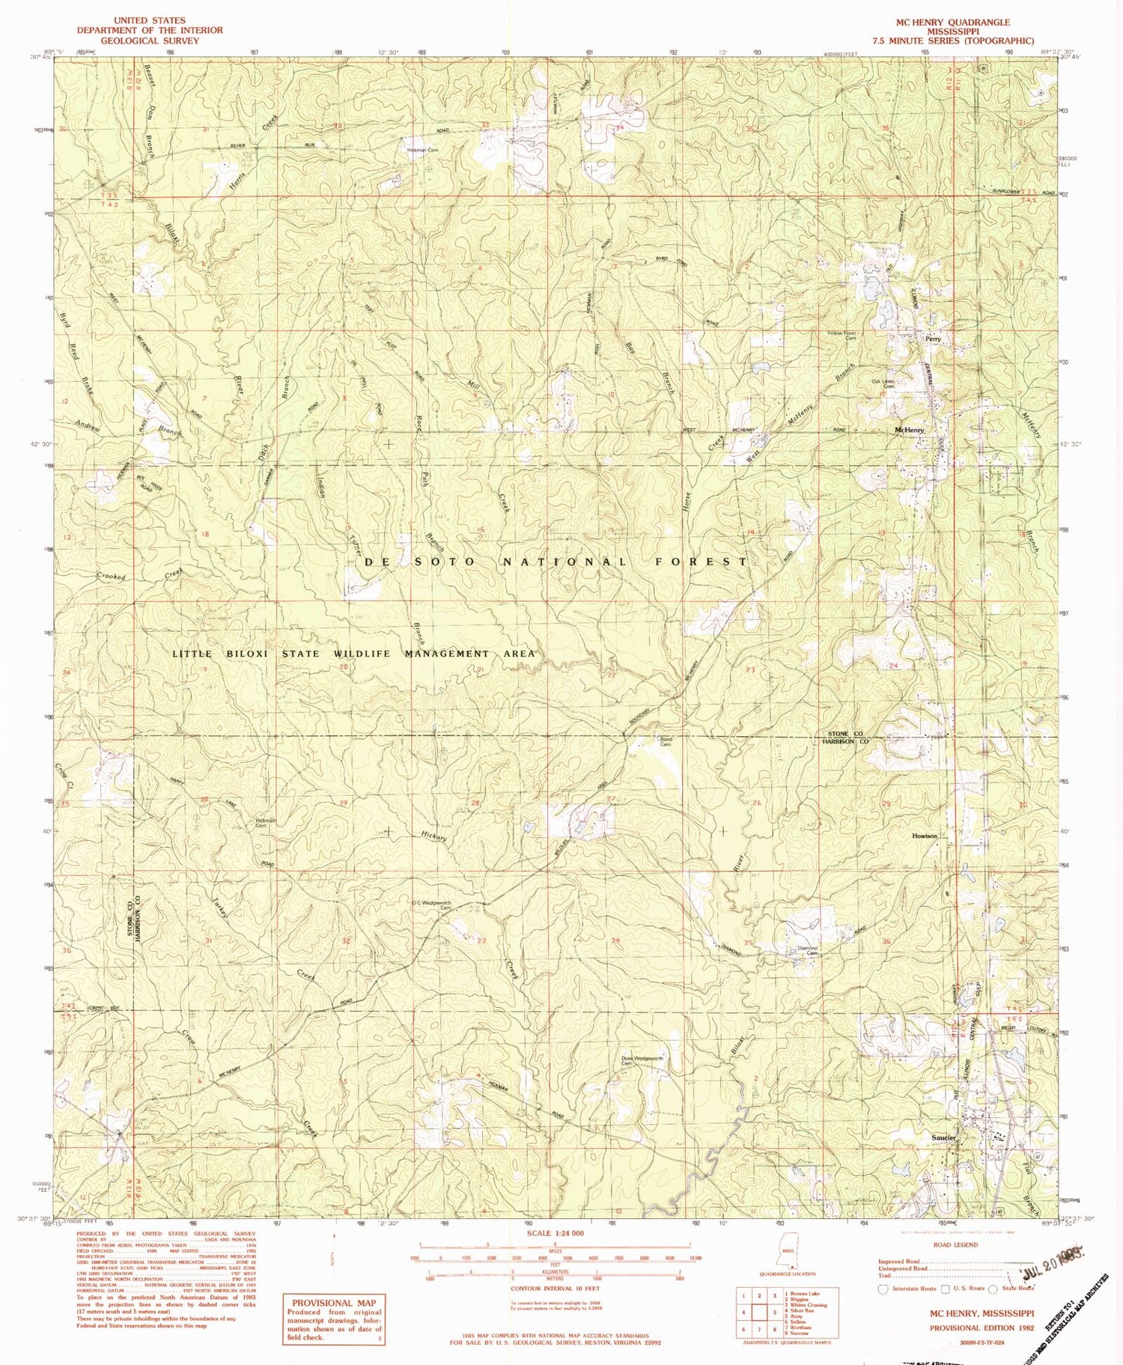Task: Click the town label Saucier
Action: click(943, 1138)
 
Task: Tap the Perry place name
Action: click(932, 338)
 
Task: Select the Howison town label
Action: click(924, 836)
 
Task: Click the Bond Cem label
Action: click(665, 741)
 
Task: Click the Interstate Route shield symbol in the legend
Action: click(883, 1289)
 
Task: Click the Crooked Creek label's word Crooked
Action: click(111, 577)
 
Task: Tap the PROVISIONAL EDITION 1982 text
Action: click(982, 1328)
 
